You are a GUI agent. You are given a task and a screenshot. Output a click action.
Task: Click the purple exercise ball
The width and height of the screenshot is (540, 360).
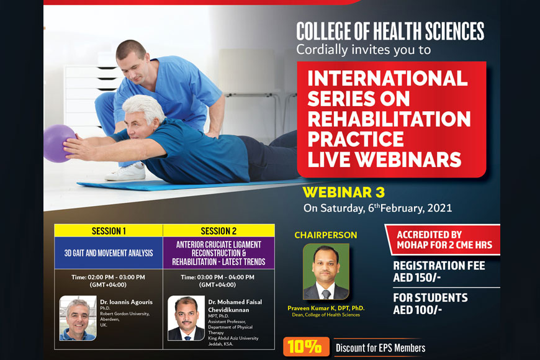click(x=58, y=143)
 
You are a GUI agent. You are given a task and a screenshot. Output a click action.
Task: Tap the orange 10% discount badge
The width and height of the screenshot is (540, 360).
click(x=306, y=346)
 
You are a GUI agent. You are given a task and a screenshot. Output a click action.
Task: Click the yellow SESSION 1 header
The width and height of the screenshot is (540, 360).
click(x=109, y=231)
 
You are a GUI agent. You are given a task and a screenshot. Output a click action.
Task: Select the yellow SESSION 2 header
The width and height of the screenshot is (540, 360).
click(x=218, y=231)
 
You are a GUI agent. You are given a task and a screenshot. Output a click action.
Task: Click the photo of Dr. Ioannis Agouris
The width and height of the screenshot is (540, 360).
click(x=78, y=318)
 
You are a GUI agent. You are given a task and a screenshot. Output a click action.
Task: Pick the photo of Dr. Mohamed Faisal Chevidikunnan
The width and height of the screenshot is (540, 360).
click(x=186, y=318)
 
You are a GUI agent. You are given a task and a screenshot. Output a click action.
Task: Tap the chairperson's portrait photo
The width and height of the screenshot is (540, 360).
click(x=326, y=272)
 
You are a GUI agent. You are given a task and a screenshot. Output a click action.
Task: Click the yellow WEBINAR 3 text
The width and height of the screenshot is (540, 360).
click(x=343, y=192)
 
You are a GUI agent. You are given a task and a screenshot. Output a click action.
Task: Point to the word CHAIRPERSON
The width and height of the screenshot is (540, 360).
click(x=326, y=235)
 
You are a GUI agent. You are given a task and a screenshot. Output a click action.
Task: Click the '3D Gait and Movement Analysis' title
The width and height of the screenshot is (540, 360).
click(x=109, y=253)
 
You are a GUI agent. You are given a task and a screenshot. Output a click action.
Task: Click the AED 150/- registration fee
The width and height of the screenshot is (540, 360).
click(x=417, y=277)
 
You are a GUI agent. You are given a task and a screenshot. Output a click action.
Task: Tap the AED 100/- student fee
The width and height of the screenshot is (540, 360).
click(x=417, y=310)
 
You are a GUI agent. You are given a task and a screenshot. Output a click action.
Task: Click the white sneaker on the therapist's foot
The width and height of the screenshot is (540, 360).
click(x=126, y=173)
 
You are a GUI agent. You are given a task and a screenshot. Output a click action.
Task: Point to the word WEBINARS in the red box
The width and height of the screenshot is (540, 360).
click(x=408, y=160)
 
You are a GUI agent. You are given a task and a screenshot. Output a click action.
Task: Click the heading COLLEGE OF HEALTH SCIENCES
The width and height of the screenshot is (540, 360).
click(x=390, y=31)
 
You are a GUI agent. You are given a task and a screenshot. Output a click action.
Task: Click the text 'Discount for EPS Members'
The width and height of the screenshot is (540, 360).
click(x=380, y=348)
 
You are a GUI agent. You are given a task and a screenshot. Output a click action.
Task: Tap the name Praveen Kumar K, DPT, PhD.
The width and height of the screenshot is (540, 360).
click(x=326, y=308)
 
